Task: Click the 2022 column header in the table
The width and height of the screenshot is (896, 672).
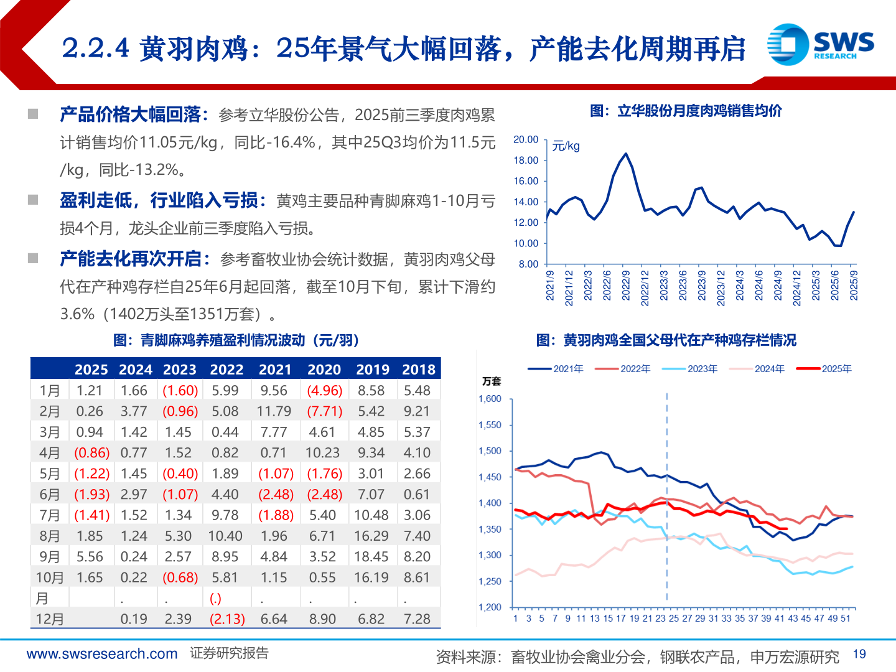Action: pos(226,370)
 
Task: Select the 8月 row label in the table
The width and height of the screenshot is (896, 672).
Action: pos(50,536)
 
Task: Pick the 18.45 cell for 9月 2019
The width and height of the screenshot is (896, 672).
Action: pos(371,557)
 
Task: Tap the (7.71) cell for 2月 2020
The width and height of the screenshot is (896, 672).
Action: pos(324,411)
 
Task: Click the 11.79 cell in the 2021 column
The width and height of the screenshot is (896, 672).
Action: pos(274,411)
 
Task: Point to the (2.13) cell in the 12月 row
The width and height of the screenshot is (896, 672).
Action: pos(227,619)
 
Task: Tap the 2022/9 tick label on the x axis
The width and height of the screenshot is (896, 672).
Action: pos(626,285)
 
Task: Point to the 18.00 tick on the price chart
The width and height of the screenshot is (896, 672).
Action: pos(526,161)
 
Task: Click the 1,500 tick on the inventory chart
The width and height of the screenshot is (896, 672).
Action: pos(490,451)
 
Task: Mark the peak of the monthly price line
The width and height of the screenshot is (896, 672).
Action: pos(626,154)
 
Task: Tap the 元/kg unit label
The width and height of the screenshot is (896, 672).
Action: pos(566,146)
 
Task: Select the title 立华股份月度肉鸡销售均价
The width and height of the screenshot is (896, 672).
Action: pos(686,111)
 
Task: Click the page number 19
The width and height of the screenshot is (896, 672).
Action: pos(859,654)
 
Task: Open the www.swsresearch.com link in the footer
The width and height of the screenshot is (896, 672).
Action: pos(102,654)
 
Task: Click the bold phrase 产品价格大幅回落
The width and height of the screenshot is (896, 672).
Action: pos(131,114)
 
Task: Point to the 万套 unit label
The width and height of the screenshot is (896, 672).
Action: pos(491,381)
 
